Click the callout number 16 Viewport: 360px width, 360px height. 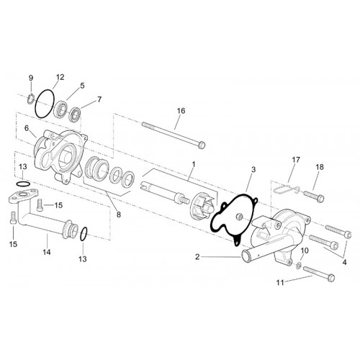coord(181,111)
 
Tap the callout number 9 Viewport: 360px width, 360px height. coord(31,78)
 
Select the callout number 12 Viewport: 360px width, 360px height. coord(60,77)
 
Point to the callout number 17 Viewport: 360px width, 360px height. coord(296,159)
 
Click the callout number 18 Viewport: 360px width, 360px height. coord(320,167)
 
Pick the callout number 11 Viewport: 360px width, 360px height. coord(280,283)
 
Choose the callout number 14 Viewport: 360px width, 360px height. coord(47,252)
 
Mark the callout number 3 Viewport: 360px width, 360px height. coord(253,169)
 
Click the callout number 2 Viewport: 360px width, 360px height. coord(197,257)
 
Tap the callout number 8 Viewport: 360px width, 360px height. coord(119,215)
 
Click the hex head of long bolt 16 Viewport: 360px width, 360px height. coord(202,145)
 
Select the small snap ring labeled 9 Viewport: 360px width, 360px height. coord(30,99)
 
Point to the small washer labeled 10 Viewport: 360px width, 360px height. coord(299,266)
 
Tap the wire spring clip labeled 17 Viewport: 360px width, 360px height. coord(286,189)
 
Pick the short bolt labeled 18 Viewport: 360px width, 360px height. coord(314,196)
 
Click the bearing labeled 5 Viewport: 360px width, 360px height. coord(61,109)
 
